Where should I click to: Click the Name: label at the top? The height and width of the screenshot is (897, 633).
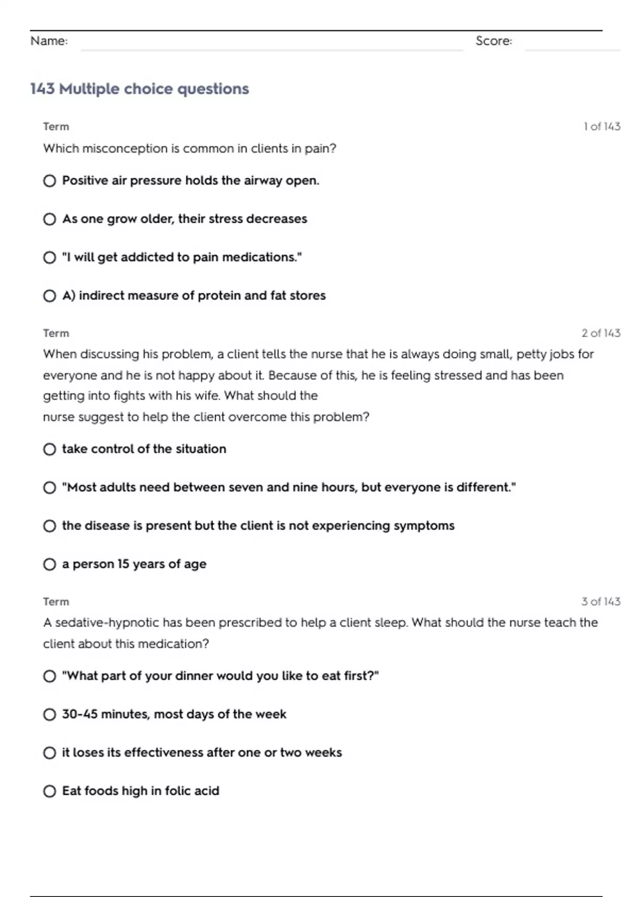point(49,41)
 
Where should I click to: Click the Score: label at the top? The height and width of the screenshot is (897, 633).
point(494,41)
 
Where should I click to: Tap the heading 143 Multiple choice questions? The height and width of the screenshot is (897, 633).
point(139,89)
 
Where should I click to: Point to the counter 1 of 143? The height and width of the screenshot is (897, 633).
point(602,127)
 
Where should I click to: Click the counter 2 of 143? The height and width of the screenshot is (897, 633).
point(601,333)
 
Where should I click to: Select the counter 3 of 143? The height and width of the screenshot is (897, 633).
point(601,602)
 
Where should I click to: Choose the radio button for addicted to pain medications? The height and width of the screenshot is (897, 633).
point(50,257)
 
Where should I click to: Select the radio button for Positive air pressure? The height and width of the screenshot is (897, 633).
point(50,181)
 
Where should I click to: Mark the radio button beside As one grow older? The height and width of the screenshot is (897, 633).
point(50,219)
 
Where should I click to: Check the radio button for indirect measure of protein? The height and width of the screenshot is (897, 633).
point(50,296)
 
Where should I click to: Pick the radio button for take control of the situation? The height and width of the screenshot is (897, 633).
point(50,449)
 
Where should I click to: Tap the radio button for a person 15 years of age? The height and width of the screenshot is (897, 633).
point(50,565)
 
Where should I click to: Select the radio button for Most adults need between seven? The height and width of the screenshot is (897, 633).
point(50,488)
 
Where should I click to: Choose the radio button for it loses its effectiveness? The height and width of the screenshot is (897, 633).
point(50,753)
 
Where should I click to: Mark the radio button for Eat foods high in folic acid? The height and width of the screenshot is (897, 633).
point(50,791)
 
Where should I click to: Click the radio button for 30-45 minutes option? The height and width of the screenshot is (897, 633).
point(50,714)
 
